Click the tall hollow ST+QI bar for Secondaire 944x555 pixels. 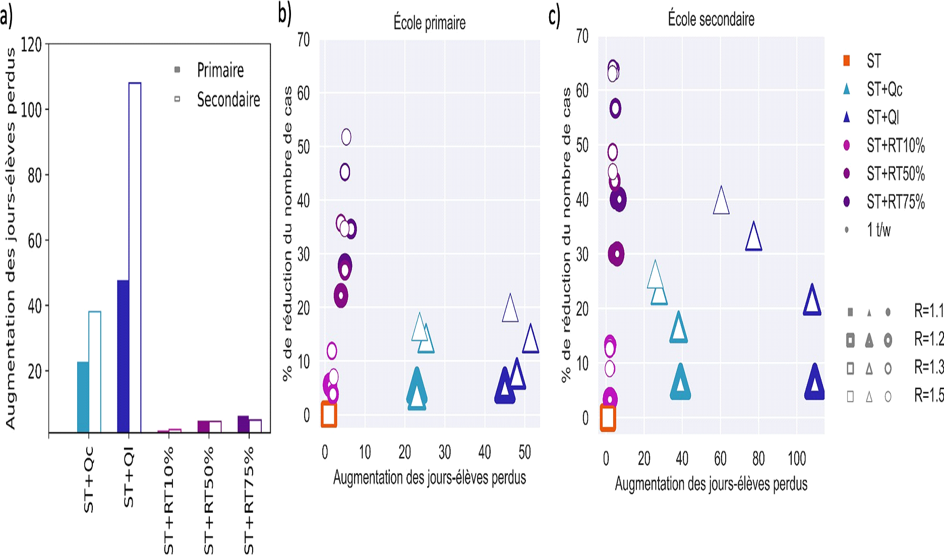tap(135, 257)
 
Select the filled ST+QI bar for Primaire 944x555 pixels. tap(123, 356)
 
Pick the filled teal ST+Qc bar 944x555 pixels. tap(83, 397)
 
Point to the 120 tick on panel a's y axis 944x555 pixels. tap(31, 44)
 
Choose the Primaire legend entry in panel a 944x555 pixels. tap(220, 70)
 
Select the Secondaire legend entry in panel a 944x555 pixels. tap(228, 99)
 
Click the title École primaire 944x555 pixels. tap(429, 23)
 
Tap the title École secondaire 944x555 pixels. tap(711, 19)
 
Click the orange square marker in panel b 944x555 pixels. tap(329, 414)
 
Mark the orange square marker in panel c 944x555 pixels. tap(608, 417)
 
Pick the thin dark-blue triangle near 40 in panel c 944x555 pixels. tap(721, 201)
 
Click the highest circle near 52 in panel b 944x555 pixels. tap(346, 137)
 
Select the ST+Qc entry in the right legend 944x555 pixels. tap(884, 89)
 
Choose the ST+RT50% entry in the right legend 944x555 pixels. tap(895, 173)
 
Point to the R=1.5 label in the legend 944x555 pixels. tap(928, 396)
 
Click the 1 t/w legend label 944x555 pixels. tap(878, 230)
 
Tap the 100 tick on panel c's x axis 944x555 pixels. tap(797, 458)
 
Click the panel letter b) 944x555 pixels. tap(284, 14)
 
